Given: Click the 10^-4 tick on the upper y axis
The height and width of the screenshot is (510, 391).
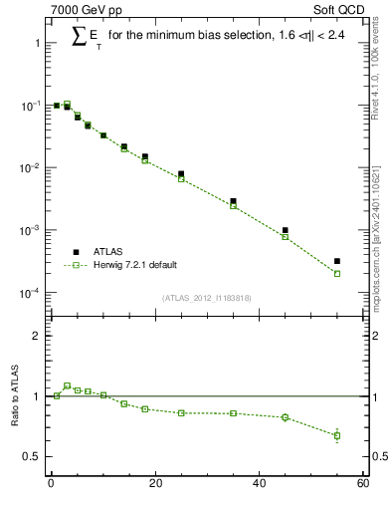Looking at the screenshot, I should click(x=32, y=293).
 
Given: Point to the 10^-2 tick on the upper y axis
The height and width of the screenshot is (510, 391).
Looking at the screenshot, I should click(x=32, y=168).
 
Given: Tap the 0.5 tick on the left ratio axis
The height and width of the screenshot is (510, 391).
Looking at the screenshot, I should click(x=31, y=457).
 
